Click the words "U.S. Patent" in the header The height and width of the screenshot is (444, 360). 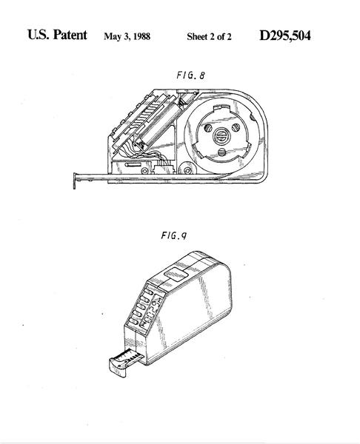57,35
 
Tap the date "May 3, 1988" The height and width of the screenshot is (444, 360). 127,36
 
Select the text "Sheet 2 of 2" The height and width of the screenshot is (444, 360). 209,36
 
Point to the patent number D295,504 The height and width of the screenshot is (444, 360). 285,36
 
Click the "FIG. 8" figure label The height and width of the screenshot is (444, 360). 190,75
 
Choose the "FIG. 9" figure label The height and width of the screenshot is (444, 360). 174,235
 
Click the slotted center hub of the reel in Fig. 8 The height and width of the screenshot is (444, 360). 222,136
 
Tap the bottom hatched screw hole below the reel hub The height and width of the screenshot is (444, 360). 222,152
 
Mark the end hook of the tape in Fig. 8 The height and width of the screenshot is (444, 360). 75,181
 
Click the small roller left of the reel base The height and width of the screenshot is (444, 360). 187,170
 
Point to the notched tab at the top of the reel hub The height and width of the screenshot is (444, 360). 222,107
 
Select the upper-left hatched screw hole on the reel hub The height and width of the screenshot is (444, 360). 208,128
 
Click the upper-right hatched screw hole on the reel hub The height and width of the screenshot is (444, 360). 236,128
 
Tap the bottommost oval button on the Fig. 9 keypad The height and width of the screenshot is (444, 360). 133,322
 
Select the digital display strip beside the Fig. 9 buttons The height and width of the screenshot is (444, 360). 152,312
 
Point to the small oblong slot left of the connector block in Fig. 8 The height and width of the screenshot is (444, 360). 133,164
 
